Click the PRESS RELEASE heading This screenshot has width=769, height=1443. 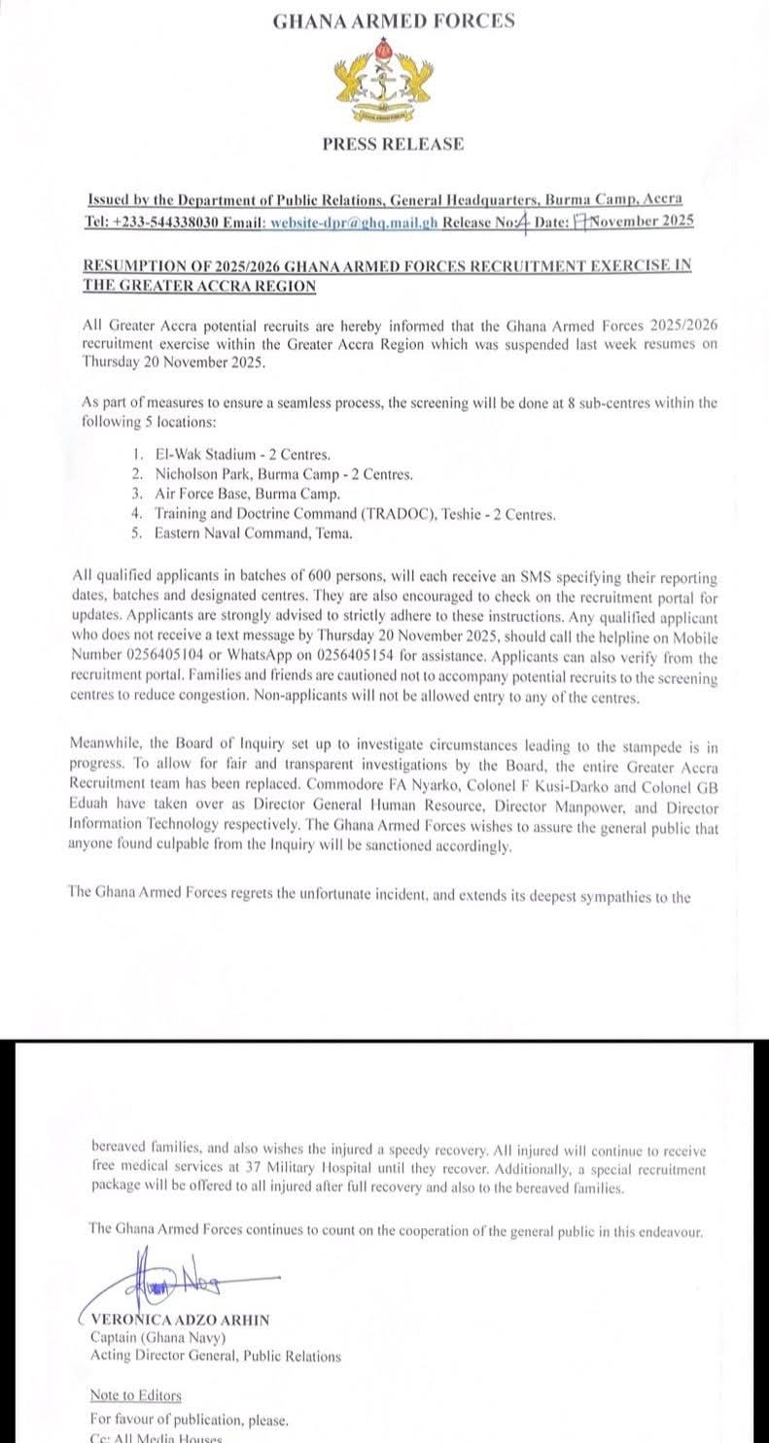click(393, 144)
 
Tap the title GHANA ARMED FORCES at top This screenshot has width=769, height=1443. click(393, 20)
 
